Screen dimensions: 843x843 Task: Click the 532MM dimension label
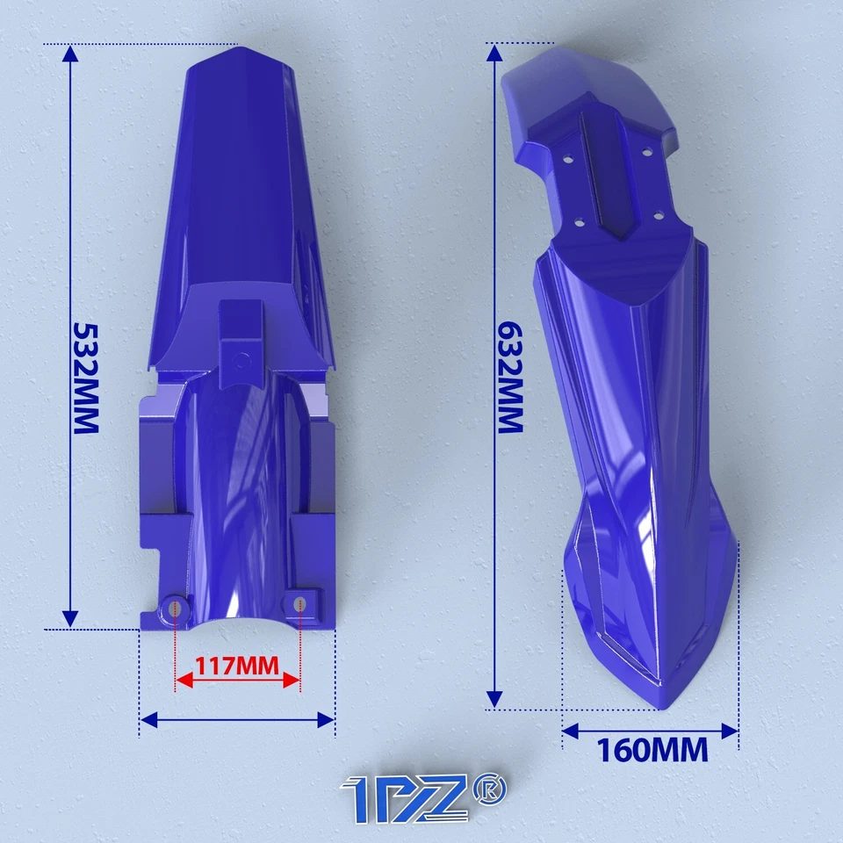85,378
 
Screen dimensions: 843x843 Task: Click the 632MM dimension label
512,377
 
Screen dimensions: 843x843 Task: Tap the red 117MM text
237,665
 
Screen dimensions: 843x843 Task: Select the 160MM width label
652,751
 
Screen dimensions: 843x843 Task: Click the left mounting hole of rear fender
176,606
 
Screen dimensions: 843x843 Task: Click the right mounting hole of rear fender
300,604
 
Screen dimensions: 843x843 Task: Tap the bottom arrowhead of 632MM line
495,700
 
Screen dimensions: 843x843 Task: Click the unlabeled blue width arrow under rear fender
237,720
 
